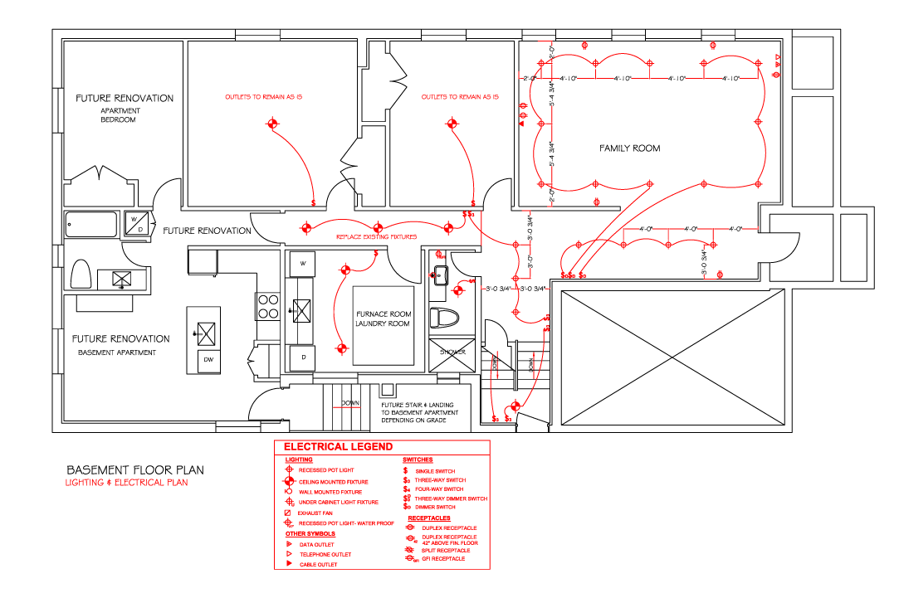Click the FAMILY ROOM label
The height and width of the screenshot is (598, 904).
tap(629, 148)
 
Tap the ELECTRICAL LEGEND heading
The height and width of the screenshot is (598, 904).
tap(339, 447)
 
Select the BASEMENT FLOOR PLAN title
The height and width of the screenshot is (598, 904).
tap(135, 469)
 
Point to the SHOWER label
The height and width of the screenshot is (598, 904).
tap(452, 352)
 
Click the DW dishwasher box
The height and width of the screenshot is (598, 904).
tap(208, 361)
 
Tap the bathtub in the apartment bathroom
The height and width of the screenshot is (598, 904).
tap(91, 225)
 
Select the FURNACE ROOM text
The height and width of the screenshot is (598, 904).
tap(383, 314)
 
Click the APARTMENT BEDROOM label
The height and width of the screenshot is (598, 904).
tap(120, 115)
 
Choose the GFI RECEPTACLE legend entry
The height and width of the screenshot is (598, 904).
tap(444, 559)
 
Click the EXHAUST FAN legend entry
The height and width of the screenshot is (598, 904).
tap(315, 513)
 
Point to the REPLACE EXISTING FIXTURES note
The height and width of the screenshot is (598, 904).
tap(375, 237)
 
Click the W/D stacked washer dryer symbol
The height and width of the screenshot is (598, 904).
tap(135, 225)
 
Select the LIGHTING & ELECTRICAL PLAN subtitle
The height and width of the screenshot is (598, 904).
tap(127, 483)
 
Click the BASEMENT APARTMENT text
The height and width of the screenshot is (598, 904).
tap(117, 352)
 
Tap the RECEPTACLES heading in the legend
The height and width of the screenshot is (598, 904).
tap(428, 518)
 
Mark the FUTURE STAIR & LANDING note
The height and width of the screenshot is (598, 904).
tap(419, 412)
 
